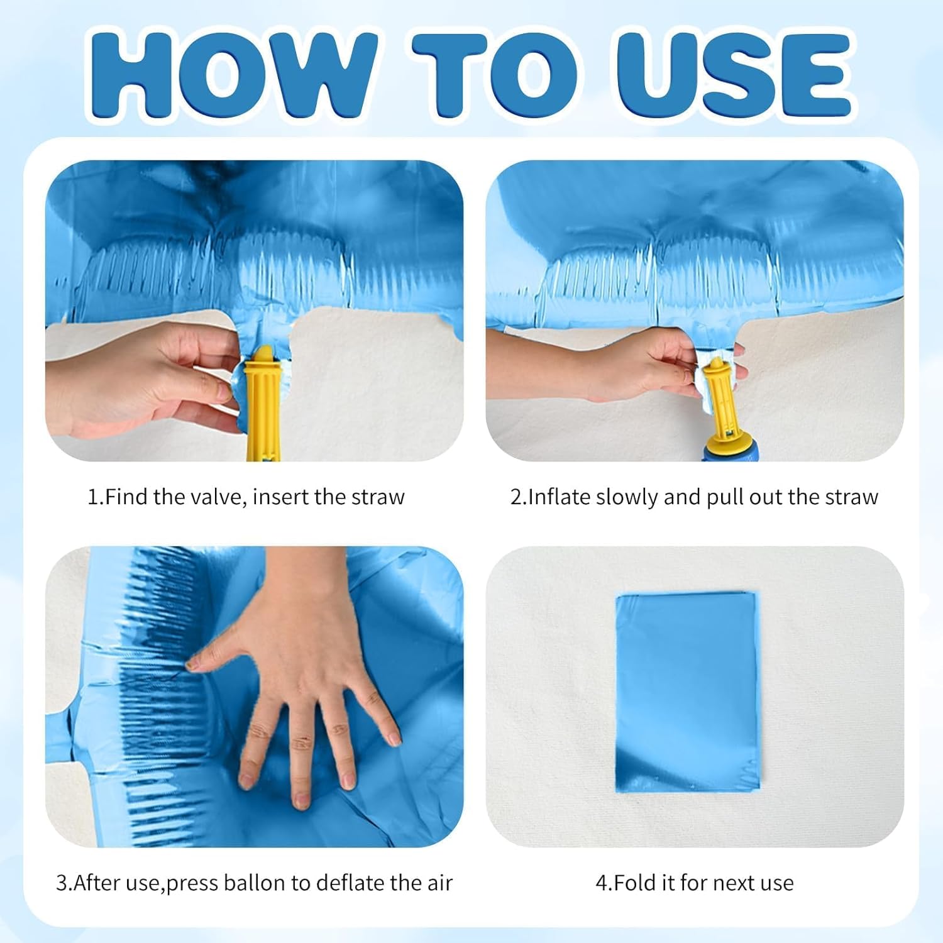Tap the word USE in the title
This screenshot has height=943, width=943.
[x=733, y=74]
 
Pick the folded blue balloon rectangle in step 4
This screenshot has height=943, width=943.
[x=688, y=692]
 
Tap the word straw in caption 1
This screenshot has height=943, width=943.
[x=378, y=497]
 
